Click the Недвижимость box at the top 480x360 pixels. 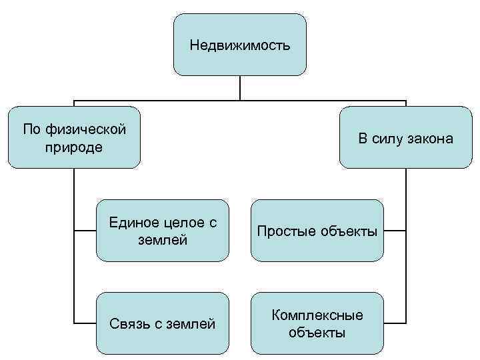pos(239,45)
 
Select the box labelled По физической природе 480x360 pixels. pos(74,137)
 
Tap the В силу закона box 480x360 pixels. pos(405,138)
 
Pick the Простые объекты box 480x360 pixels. pos(317,231)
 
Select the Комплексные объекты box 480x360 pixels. pos(317,323)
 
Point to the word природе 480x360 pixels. pos(74,147)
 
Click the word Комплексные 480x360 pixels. pos(317,315)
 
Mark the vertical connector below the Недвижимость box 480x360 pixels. pos(239,88)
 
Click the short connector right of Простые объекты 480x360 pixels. pos(395,231)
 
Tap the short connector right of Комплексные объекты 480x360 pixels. pos(395,323)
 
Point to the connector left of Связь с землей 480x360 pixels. pos(85,323)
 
